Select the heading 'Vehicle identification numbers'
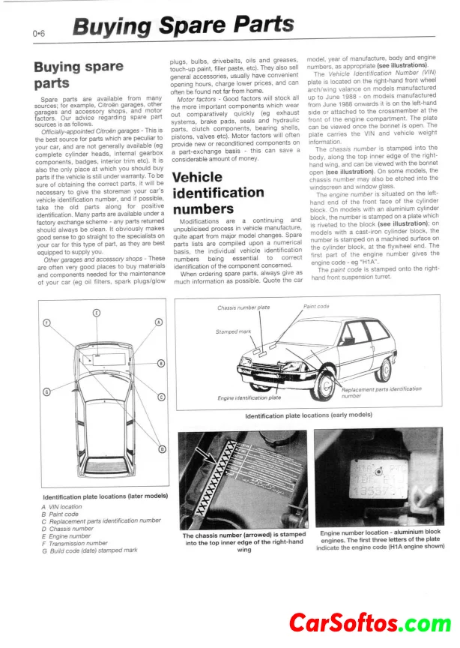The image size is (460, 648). pos(218,193)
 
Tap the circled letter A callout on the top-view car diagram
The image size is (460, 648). pos(158,322)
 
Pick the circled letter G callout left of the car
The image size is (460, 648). pos(46,391)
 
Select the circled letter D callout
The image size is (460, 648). pos(162,448)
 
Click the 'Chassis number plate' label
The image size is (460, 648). pos(244,308)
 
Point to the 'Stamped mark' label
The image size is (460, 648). pos(233,331)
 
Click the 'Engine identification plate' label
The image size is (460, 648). pos(249,397)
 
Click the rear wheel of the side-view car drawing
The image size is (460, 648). pos(386,369)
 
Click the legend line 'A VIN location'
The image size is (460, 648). pos(61,507)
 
